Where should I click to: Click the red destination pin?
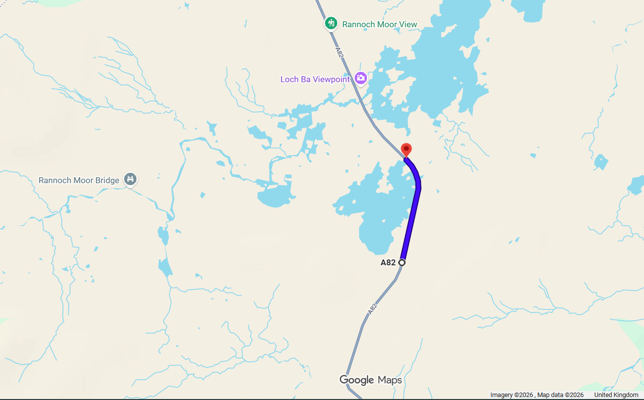(406, 149)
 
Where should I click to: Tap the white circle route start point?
(402, 262)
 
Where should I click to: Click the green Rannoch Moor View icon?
(331, 23)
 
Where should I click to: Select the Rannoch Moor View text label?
(379, 24)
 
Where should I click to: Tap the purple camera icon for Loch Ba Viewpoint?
(361, 78)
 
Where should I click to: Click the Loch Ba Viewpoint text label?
(315, 79)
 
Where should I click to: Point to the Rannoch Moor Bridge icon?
(131, 179)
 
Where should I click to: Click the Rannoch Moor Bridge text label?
(79, 180)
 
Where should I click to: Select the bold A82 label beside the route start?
(388, 263)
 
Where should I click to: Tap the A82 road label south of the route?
(372, 308)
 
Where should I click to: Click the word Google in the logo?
(357, 380)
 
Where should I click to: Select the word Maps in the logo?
(390, 380)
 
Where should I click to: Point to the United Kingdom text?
(616, 395)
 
